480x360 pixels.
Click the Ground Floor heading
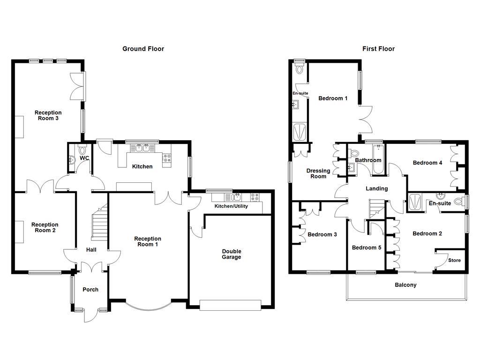(143, 49)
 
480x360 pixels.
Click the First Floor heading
(378, 49)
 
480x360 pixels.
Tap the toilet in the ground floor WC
(83, 151)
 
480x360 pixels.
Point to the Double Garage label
(231, 254)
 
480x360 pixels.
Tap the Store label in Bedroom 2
(454, 260)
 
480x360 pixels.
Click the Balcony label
(405, 285)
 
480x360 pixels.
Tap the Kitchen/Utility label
(231, 206)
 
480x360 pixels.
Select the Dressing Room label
(318, 173)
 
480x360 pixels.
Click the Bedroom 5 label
(367, 247)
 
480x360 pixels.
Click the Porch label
(90, 290)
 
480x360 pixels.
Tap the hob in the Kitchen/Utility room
(255, 197)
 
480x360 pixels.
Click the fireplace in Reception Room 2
(21, 232)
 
